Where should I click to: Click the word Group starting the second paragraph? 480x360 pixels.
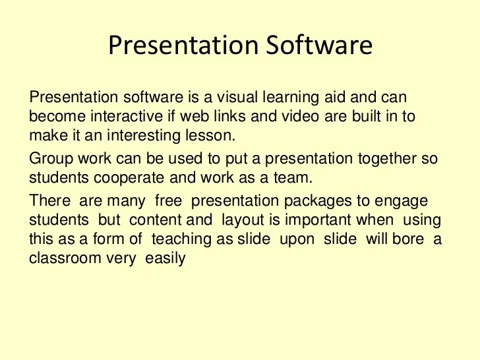click(49, 159)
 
